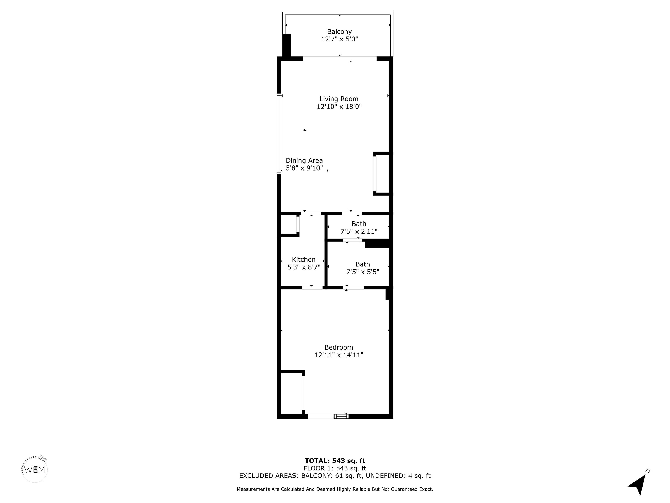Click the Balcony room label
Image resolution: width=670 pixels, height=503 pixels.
coord(339,31)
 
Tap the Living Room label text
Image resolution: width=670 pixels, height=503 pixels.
coord(339,99)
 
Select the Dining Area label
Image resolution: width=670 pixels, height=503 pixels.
coord(304,161)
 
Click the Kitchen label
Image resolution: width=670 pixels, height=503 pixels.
coord(304,260)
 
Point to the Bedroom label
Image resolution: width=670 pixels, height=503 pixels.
coord(339,348)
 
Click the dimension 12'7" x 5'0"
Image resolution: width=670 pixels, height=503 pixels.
coord(339,39)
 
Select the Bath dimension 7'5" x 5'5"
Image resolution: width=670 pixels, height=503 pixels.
coord(362,272)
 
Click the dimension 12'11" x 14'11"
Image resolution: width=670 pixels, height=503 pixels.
coord(339,355)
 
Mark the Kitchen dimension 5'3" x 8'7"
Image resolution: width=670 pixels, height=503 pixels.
coord(304,267)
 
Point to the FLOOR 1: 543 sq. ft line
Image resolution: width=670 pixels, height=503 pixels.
coord(335,469)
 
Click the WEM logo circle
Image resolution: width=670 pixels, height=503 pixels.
coord(35,469)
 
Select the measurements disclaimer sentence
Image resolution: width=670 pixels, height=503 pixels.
coord(335,489)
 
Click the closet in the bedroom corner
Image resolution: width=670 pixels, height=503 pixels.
coord(291,393)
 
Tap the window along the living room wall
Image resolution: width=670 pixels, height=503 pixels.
coord(279,134)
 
